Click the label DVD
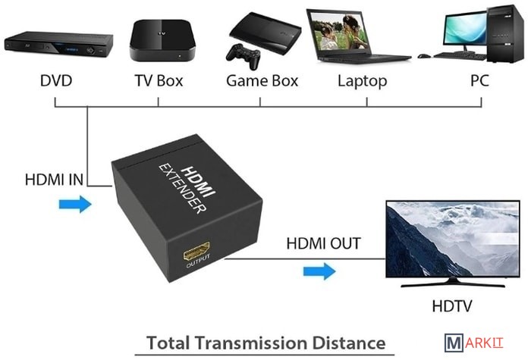point(56,80)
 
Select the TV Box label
point(159,80)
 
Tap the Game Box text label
point(262,80)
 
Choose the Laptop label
point(363,80)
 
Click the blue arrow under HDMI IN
point(74,204)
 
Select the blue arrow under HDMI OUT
point(319,270)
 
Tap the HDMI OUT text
point(324,244)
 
